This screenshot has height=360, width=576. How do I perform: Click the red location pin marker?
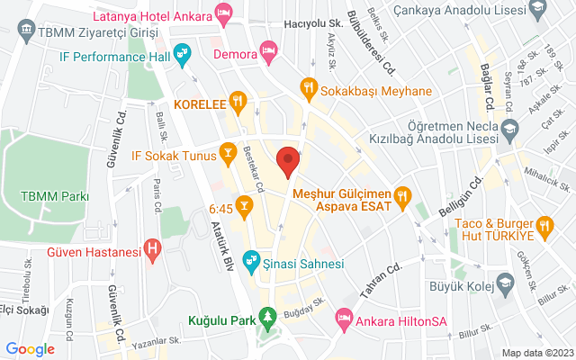tap(288, 160)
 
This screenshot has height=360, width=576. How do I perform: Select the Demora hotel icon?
tap(267, 49)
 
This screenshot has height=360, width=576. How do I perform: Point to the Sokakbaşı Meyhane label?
tap(368, 87)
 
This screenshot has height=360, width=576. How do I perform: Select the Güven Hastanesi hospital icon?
tap(153, 246)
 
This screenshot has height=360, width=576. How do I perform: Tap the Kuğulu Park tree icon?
tap(266, 317)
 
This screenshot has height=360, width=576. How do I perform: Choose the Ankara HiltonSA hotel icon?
tap(343, 317)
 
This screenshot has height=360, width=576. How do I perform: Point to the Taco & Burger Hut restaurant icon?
tap(544, 224)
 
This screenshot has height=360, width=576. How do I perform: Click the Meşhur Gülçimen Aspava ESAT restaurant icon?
tap(403, 193)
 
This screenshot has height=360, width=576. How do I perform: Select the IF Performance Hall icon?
tap(183, 55)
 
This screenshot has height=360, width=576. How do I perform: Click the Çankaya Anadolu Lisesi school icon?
tap(538, 9)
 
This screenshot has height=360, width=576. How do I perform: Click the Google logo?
tap(31, 349)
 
